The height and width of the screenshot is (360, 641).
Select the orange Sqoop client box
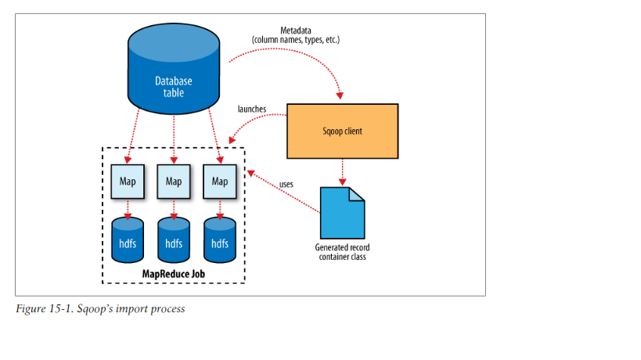342,131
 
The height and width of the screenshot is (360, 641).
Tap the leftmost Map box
127,181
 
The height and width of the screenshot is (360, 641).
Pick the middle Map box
173,181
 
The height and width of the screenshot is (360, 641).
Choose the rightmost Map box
219,181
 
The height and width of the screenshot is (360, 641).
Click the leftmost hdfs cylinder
127,240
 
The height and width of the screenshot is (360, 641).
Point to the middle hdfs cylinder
173,240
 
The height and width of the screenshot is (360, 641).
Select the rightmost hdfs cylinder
219,240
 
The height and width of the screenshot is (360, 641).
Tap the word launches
252,108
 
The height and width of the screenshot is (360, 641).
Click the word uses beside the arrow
286,185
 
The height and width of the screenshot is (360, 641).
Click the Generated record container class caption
341,251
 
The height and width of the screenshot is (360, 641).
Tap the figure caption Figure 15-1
100,309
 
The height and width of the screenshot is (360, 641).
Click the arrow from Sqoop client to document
341,171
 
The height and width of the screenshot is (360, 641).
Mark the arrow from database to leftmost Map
132,137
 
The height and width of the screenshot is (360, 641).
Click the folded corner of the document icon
357,193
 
